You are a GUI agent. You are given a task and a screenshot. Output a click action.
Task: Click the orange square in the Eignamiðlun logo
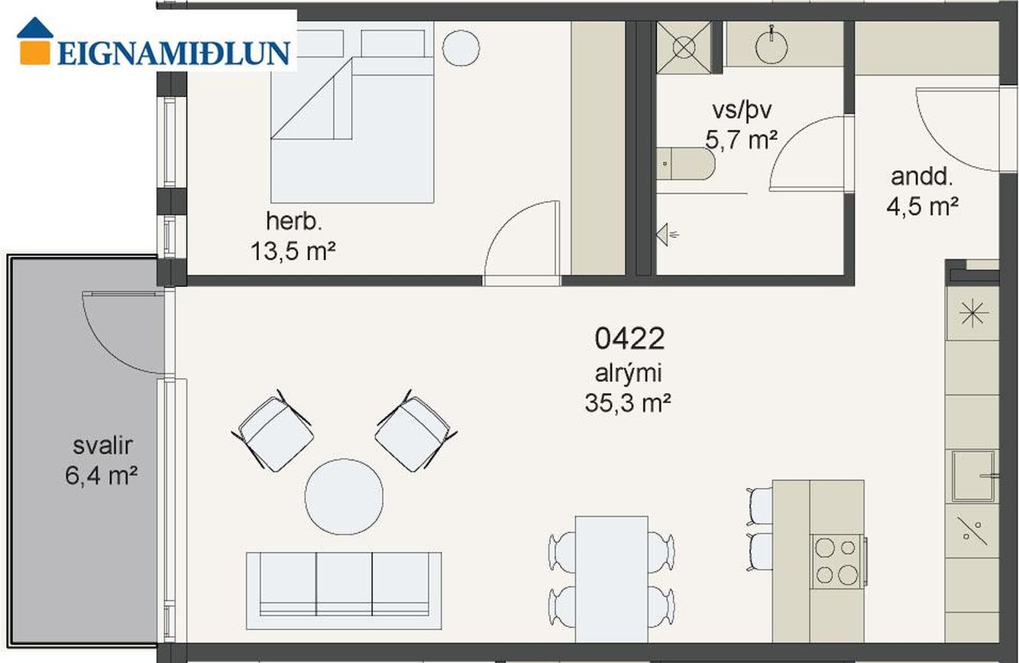[35, 53]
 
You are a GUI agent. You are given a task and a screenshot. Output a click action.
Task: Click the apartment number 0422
[629, 338]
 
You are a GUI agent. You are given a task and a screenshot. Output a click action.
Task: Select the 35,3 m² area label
[628, 403]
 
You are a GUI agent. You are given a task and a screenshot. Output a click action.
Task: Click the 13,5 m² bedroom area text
[293, 251]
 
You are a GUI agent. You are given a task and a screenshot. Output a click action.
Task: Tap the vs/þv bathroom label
[742, 111]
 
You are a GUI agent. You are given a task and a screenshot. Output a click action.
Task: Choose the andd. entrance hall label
[922, 177]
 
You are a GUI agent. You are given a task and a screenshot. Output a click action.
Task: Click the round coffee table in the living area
[344, 496]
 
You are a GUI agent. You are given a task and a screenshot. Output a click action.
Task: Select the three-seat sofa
[344, 591]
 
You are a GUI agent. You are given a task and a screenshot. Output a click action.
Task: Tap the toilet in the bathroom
[685, 164]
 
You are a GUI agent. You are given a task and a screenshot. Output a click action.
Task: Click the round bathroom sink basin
[772, 46]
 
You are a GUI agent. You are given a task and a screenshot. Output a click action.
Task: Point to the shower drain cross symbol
[684, 47]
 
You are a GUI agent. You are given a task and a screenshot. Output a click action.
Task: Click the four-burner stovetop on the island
[836, 562]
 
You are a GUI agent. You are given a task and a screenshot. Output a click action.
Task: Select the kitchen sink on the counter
[973, 476]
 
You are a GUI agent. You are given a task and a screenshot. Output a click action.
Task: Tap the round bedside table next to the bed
[461, 48]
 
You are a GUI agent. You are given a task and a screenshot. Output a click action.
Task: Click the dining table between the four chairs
[611, 579]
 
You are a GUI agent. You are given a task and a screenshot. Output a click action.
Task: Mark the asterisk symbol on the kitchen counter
[973, 313]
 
